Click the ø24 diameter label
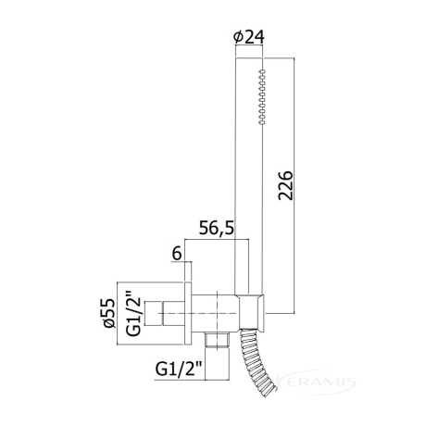(249, 37)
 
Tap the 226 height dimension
(285, 185)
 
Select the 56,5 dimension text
(217, 229)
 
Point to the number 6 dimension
(177, 254)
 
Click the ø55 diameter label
(108, 313)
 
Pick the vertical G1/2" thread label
(133, 312)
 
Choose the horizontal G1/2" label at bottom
(179, 369)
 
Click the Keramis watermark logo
(315, 382)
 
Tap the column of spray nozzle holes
(262, 97)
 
